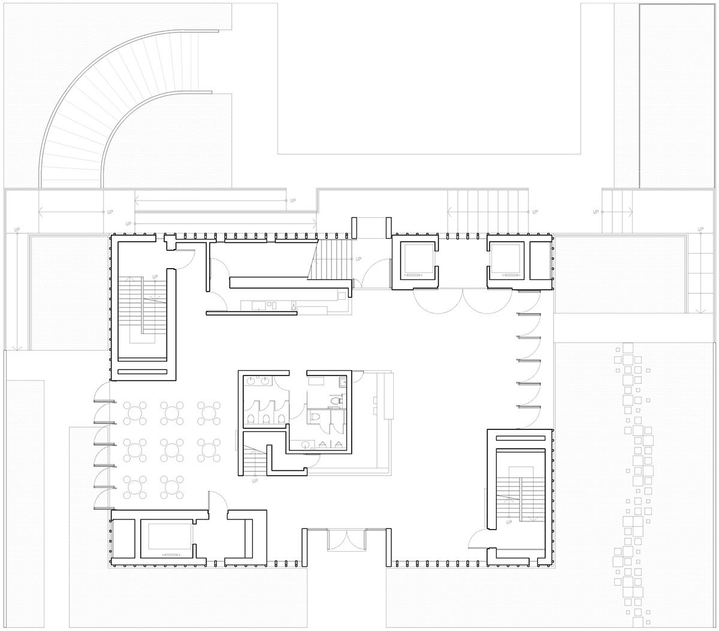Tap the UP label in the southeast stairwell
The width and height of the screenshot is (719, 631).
(x=509, y=522)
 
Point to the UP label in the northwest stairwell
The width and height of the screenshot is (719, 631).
(x=155, y=277)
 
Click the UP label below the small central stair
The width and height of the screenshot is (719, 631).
(x=255, y=481)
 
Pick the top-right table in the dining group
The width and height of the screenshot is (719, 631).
(x=208, y=412)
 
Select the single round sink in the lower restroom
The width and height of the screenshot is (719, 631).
(x=306, y=444)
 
